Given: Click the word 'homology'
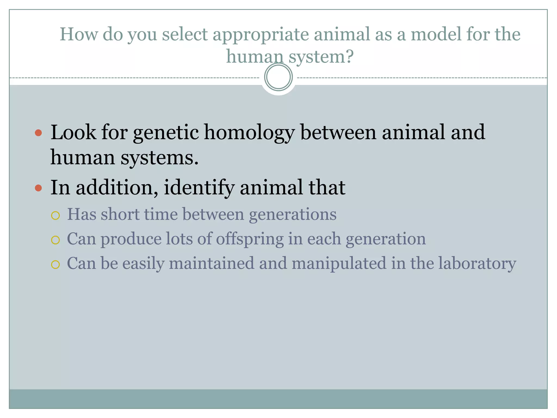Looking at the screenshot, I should coord(249,133).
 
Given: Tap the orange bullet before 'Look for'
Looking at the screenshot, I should coord(38,133).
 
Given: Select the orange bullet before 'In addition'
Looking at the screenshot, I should coord(38,188).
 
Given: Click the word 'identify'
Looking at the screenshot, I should coord(199,188).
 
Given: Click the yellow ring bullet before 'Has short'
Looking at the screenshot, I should coord(55,216).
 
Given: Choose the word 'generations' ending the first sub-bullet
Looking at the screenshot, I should coord(293,214).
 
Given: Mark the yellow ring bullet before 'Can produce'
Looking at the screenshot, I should coord(55,240).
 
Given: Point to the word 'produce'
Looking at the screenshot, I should coord(131,239).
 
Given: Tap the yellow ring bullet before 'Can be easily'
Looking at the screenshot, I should coord(55,265).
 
